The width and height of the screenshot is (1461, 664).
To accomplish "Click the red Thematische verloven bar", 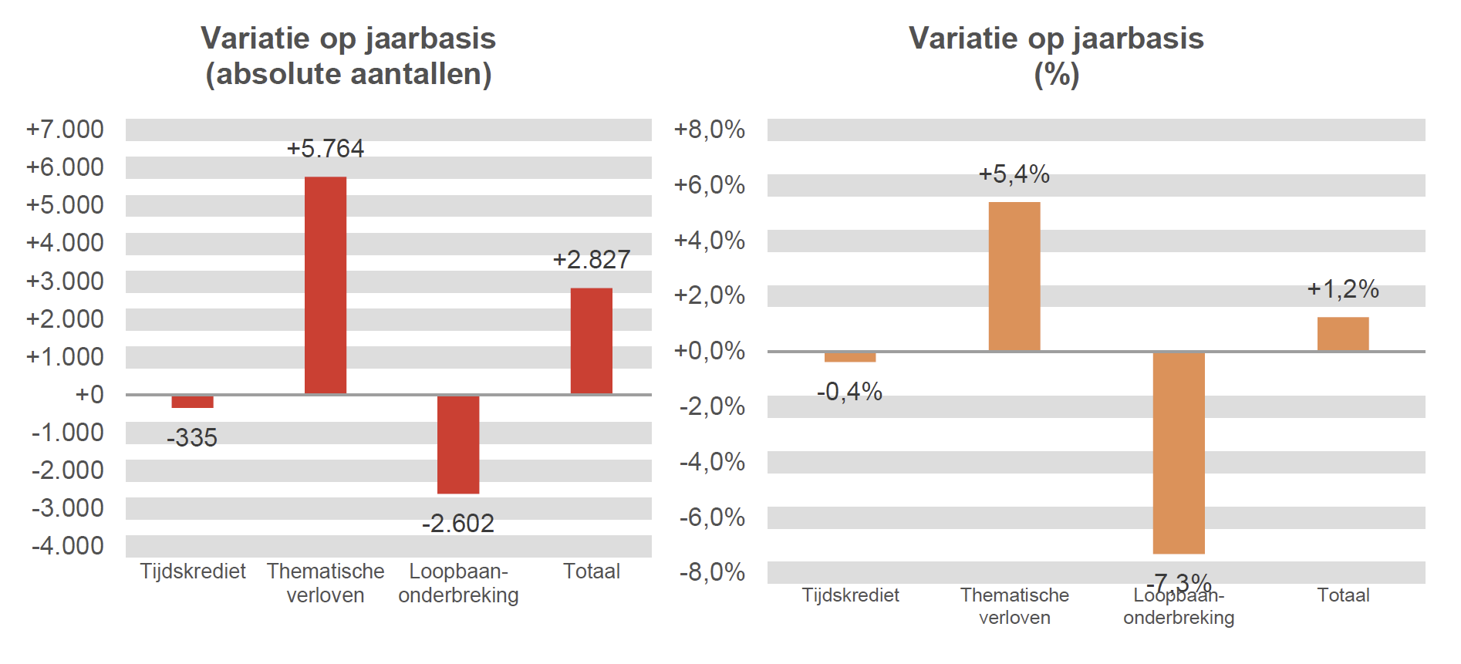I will [x=325, y=285].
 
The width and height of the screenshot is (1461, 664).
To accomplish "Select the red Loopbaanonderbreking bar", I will [x=457, y=444].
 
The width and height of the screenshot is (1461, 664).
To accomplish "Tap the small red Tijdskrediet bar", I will [x=192, y=402].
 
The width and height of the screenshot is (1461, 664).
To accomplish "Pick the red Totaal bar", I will [x=591, y=341].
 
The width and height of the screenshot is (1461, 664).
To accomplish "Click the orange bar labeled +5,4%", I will [x=1014, y=276].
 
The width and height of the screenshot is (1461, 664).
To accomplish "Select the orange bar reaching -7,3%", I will [x=1178, y=453].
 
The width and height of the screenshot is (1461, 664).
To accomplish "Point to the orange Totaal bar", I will [x=1342, y=334].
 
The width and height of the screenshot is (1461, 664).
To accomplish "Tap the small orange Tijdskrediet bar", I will [x=849, y=357].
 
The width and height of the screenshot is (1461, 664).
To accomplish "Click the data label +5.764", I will [x=325, y=148].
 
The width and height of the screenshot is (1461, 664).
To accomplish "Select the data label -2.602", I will [x=457, y=524].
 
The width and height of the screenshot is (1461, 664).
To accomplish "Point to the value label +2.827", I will [x=591, y=260].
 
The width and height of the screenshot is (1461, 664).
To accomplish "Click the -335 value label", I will [x=192, y=438].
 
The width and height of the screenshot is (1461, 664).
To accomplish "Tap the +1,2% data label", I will [x=1342, y=289].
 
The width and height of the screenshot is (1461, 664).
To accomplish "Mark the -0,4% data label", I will [x=849, y=392].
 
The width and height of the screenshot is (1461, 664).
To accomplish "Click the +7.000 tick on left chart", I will [x=65, y=130].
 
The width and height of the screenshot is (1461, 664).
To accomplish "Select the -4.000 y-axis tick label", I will [x=67, y=546].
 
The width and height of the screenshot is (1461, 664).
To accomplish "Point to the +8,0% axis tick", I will [x=709, y=130].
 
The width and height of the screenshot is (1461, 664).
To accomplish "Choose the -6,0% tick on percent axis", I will [x=711, y=517].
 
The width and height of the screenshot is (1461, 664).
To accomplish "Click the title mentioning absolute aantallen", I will [x=348, y=56].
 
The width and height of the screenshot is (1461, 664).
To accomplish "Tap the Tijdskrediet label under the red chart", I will [x=192, y=571].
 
